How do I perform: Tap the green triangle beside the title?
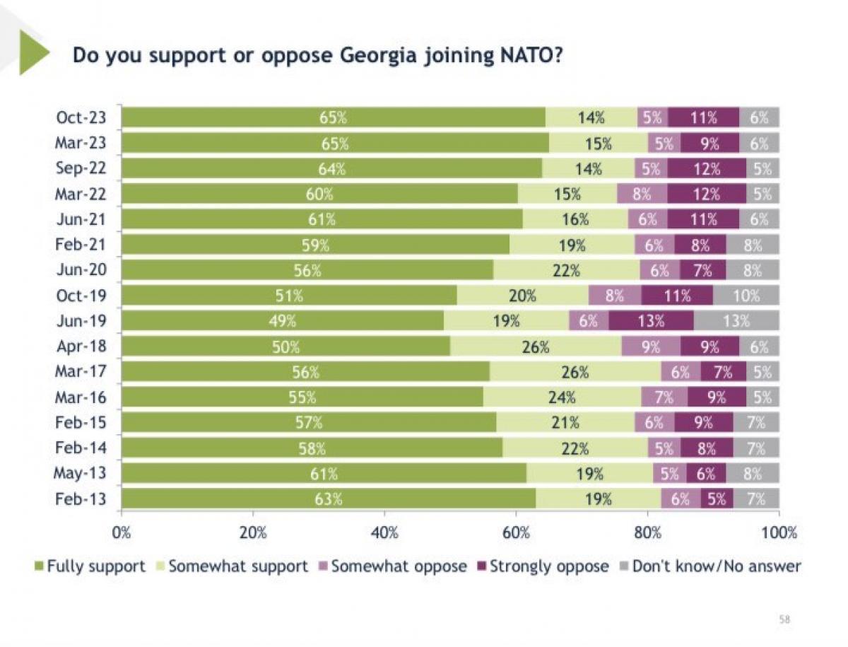point(34,52)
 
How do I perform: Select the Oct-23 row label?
point(81,117)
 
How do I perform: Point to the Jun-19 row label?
point(81,320)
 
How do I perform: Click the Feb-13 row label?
point(81,499)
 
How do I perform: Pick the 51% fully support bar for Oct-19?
point(289,296)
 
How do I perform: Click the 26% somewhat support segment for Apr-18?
point(536,346)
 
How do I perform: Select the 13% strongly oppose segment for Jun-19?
point(651,320)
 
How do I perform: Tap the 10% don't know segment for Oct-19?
point(746,296)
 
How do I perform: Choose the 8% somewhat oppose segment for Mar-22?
point(642,194)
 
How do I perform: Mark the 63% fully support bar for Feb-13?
point(329,499)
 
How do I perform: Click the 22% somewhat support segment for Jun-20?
point(566,270)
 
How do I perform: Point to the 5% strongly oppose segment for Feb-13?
point(717,499)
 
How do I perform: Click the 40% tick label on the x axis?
point(384,533)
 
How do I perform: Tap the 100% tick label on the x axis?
point(779,533)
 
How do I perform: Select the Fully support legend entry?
point(90,566)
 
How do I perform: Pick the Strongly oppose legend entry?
point(543,566)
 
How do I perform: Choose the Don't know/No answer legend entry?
point(710,566)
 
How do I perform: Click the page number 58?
point(784,619)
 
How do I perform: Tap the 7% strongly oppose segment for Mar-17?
point(723,371)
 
